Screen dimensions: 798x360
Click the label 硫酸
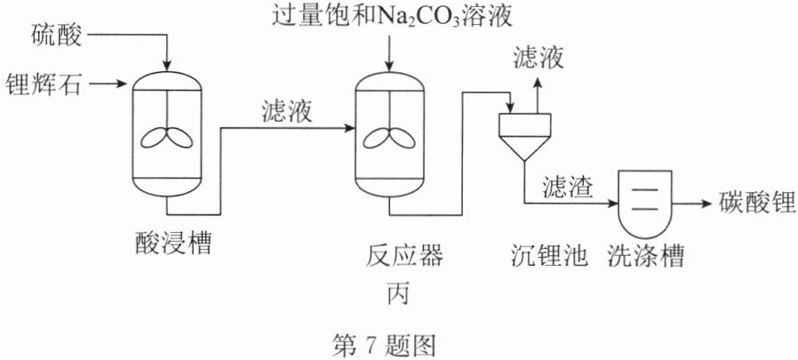point(56,36)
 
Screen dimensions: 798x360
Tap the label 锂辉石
point(44,84)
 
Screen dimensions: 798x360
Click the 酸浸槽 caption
point(173,243)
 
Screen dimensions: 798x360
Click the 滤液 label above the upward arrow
point(538,59)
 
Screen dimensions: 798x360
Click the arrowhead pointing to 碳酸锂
point(706,204)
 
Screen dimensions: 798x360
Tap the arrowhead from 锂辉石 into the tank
point(121,84)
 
